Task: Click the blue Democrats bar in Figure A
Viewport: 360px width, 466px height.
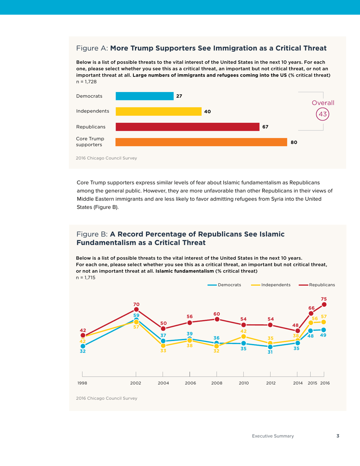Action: coord(144,96)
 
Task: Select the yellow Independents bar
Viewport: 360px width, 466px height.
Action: coord(158,111)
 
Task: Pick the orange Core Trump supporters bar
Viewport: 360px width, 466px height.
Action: coord(201,142)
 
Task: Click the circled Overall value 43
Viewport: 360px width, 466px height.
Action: coord(323,114)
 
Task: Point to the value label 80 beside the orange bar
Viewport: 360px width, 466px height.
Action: coord(294,142)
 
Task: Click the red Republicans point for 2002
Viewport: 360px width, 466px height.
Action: coord(136,311)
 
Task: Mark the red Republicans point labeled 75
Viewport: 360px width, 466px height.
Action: coord(324,304)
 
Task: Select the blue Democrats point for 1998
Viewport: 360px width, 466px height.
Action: coord(83,346)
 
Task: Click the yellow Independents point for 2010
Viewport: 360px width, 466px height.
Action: coord(244,336)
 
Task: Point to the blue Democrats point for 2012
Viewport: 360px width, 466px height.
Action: coord(270,347)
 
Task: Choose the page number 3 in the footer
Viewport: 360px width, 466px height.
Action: coord(338,436)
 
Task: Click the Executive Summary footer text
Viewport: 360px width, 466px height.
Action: coord(273,436)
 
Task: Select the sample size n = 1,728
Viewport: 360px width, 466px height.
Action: coord(86,81)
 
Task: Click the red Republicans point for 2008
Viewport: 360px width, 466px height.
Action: coord(217,319)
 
